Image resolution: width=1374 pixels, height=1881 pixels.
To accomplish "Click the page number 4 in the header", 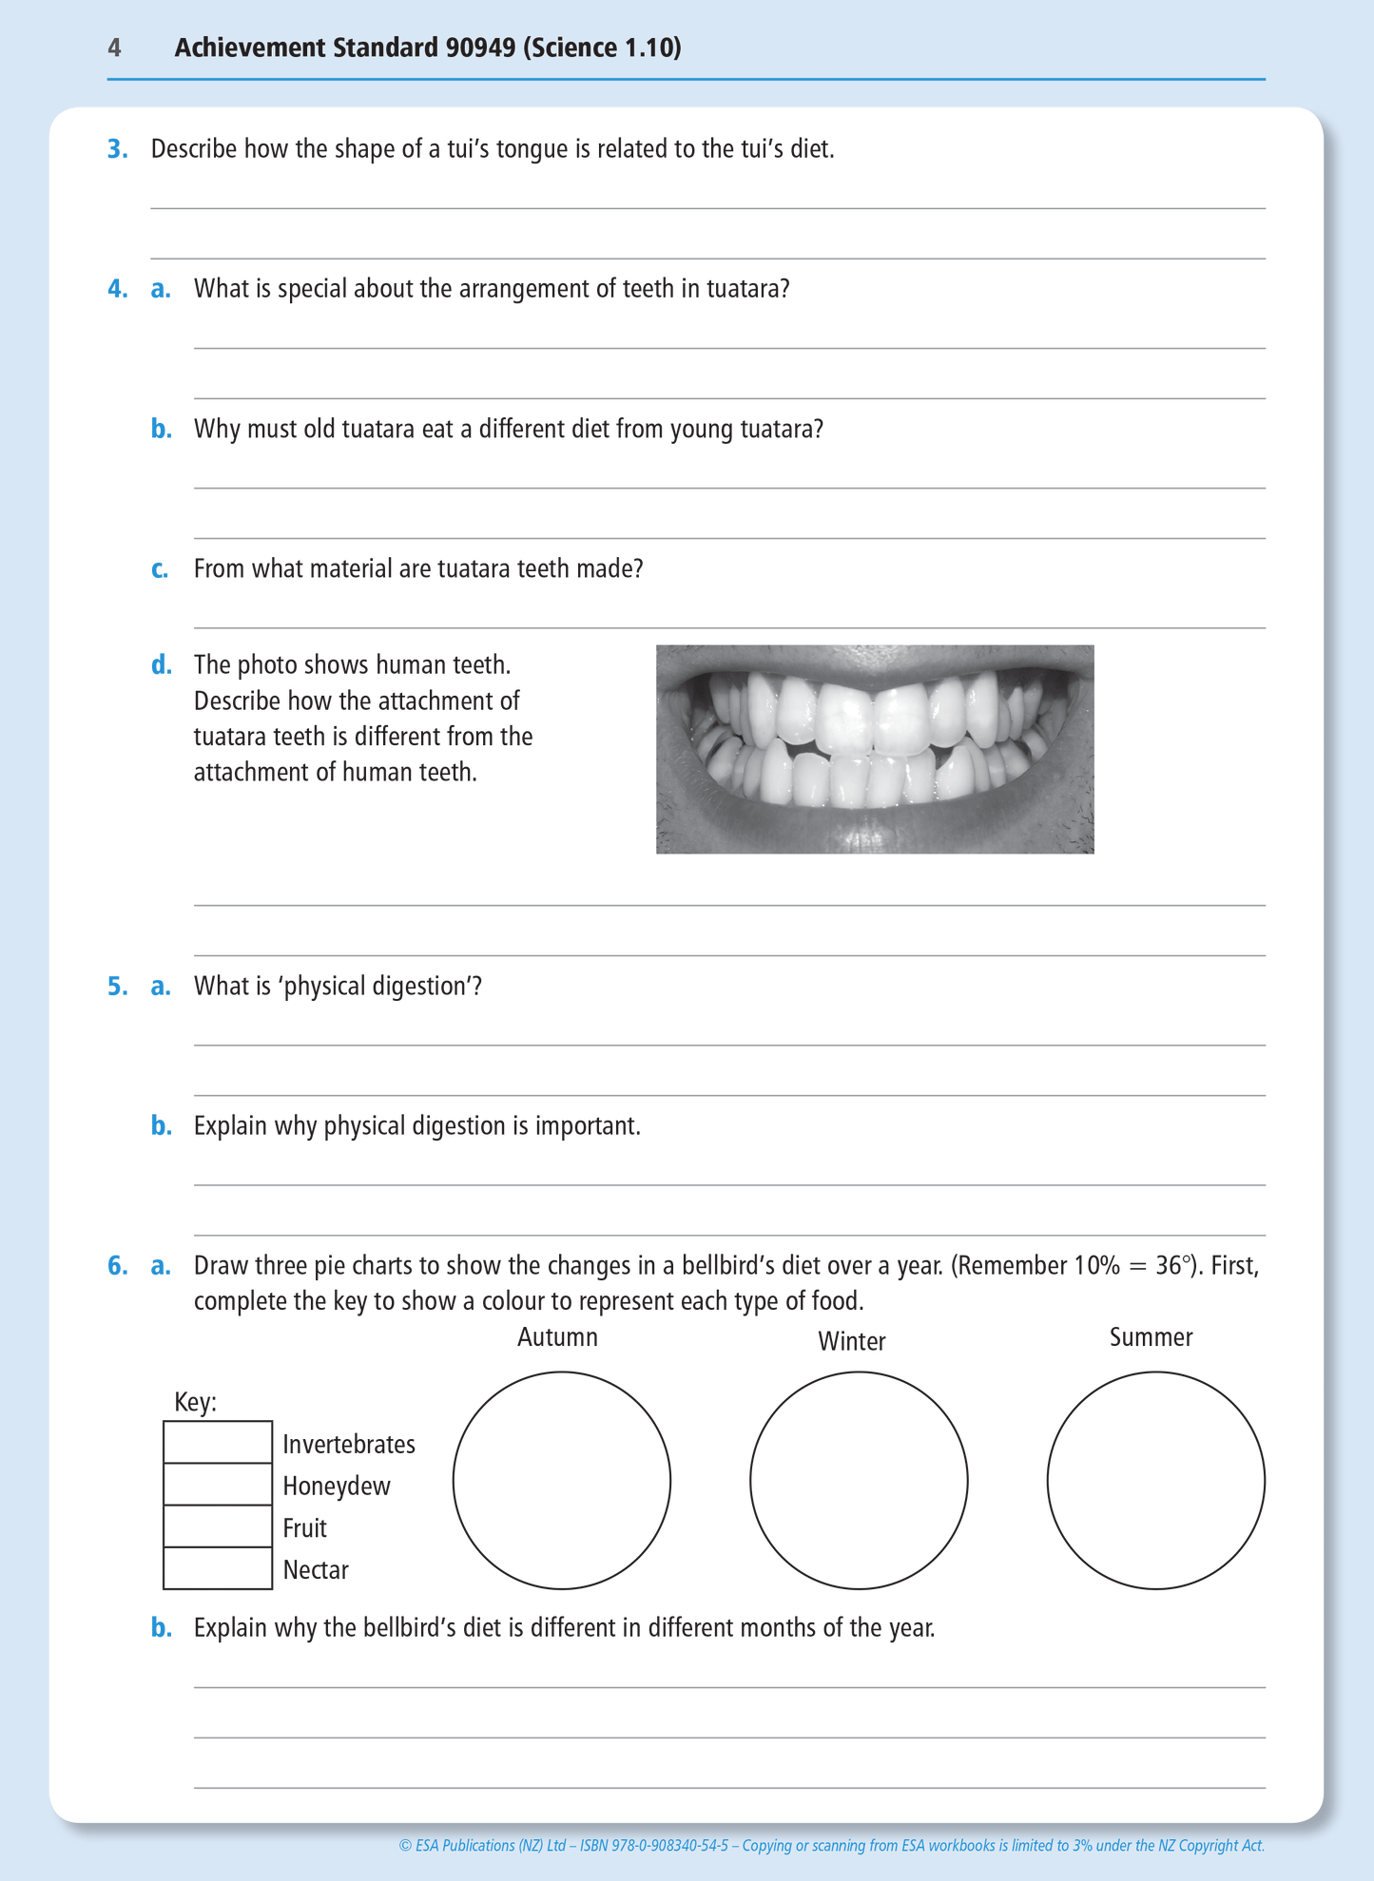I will [x=114, y=48].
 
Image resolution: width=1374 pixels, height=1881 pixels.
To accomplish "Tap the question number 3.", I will [x=117, y=149].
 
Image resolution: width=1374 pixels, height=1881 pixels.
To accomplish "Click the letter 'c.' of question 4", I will [x=160, y=568].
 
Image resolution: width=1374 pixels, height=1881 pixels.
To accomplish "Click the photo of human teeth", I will [x=875, y=749].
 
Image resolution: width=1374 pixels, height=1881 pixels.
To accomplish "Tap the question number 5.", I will [x=117, y=986].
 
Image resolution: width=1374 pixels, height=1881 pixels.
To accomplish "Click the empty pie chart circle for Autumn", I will [x=562, y=1480].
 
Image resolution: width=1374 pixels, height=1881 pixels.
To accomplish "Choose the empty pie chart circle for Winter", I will [x=859, y=1480].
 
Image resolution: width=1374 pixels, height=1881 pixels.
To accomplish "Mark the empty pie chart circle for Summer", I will [x=1155, y=1480].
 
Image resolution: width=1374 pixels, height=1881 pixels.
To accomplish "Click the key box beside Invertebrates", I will [x=218, y=1442].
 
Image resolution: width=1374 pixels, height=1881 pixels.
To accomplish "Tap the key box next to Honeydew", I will [x=218, y=1484].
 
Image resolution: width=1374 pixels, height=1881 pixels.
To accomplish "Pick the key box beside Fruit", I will [x=218, y=1526].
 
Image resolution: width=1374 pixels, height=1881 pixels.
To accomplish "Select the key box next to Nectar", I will [x=218, y=1567].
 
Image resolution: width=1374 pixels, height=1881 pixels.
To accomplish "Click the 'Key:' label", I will [x=195, y=1402].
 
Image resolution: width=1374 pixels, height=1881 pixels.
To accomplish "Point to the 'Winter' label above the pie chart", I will [x=851, y=1341].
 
